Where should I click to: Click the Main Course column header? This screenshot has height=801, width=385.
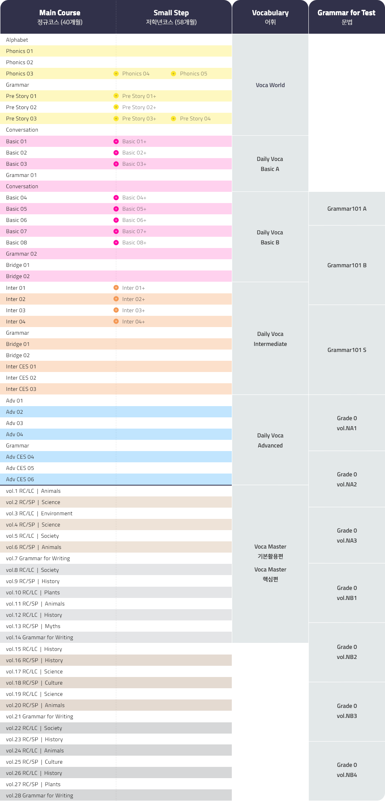[60, 17]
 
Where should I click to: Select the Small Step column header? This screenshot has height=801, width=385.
[171, 17]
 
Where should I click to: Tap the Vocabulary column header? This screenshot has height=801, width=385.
[270, 17]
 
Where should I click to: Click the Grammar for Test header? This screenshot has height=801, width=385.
[346, 17]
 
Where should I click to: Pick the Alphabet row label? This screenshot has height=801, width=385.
[17, 40]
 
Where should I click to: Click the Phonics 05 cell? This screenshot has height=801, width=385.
[193, 74]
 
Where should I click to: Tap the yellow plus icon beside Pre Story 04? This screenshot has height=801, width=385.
[173, 119]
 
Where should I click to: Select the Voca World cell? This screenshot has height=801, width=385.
[270, 85]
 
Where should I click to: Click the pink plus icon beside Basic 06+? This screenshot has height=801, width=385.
[116, 220]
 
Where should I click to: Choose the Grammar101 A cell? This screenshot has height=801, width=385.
[346, 209]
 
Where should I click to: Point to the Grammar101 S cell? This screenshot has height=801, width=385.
[346, 350]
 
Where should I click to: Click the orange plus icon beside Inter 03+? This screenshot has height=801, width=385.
[116, 310]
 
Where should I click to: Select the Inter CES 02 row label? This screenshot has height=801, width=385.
[21, 378]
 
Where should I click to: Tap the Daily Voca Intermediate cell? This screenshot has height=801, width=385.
[270, 339]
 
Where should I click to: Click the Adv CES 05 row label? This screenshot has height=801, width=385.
[20, 468]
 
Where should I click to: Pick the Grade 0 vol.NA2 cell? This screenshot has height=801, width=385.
[346, 479]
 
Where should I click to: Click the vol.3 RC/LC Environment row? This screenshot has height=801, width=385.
[39, 514]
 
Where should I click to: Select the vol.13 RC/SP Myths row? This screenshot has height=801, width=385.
[33, 626]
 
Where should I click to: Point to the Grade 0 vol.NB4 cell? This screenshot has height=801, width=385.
[346, 770]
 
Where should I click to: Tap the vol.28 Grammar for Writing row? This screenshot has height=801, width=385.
[40, 795]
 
